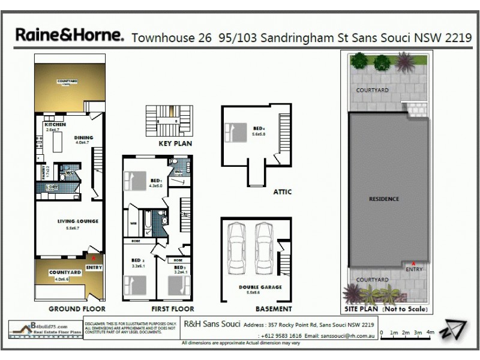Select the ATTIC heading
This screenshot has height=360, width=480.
tap(282, 192)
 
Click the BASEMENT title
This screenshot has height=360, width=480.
tap(274, 309)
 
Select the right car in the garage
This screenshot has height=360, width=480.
tap(264, 241)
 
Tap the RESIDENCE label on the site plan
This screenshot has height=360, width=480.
tap(384, 199)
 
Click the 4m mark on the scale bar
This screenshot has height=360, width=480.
tap(430, 332)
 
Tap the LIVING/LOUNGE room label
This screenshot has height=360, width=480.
tap(77, 221)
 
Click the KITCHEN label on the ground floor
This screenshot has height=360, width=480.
tap(55, 125)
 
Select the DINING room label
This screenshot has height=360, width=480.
tap(83, 137)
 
